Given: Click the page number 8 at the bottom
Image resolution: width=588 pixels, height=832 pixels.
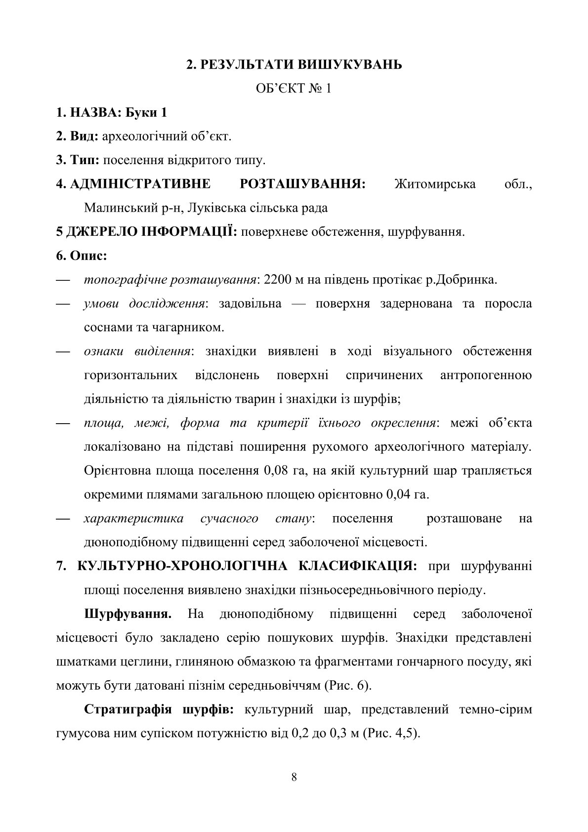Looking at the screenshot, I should (294, 777).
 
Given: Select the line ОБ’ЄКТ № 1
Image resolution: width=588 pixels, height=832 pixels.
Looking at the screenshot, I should (294, 88).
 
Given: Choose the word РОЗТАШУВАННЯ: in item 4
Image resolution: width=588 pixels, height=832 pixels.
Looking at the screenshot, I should (302, 184).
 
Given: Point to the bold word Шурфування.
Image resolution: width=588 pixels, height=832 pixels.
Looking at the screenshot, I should (128, 614).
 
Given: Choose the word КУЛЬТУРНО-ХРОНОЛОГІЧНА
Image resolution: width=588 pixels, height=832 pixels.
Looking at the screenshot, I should (182, 566).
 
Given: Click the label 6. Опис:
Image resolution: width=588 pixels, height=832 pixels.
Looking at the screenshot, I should (82, 256).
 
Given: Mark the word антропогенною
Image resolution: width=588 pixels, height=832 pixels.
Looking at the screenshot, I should (486, 375).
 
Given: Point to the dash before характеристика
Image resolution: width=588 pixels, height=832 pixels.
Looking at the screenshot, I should (63, 519).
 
